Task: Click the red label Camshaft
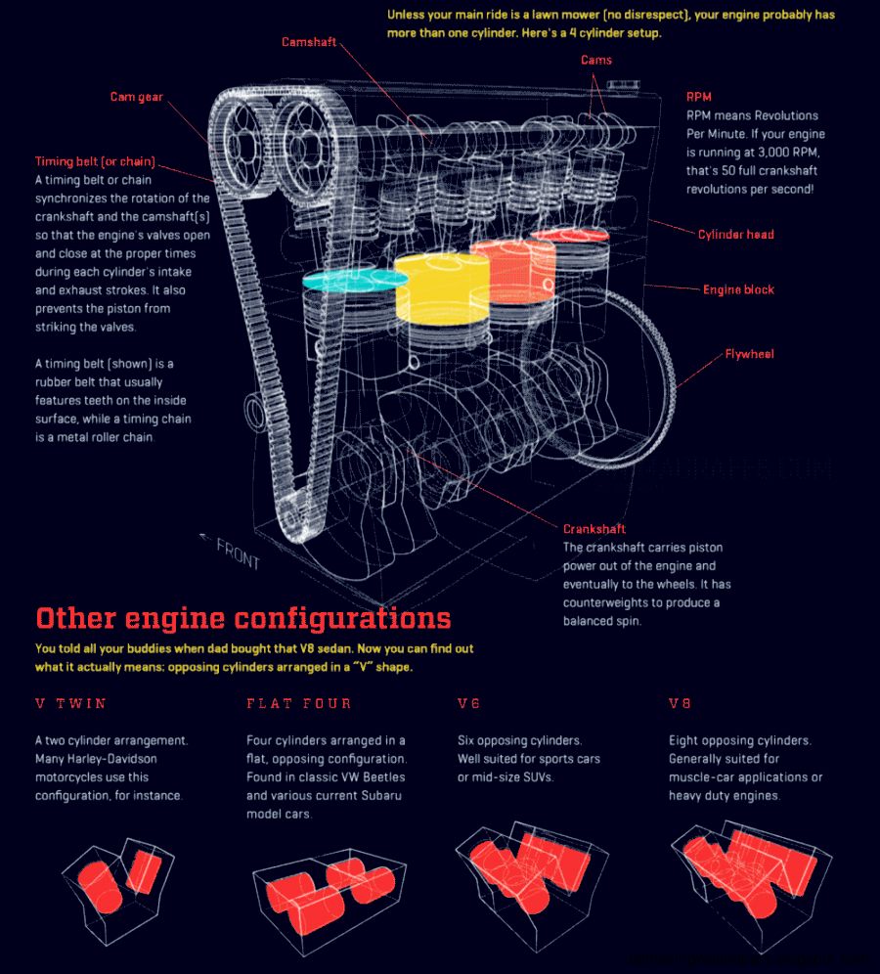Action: tap(309, 42)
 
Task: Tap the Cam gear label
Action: tap(136, 97)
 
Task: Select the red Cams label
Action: tap(595, 61)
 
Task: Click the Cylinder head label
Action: tap(735, 235)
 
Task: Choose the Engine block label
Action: tap(738, 289)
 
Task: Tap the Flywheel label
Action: tap(749, 354)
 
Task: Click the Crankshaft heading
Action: tap(594, 529)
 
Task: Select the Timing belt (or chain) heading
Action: tap(95, 161)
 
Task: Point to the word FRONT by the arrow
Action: tap(238, 553)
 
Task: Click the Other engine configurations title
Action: tap(242, 618)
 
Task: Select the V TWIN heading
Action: tap(70, 703)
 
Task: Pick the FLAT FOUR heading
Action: tap(298, 703)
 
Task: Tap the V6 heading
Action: tap(468, 703)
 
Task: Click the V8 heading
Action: tap(681, 703)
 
